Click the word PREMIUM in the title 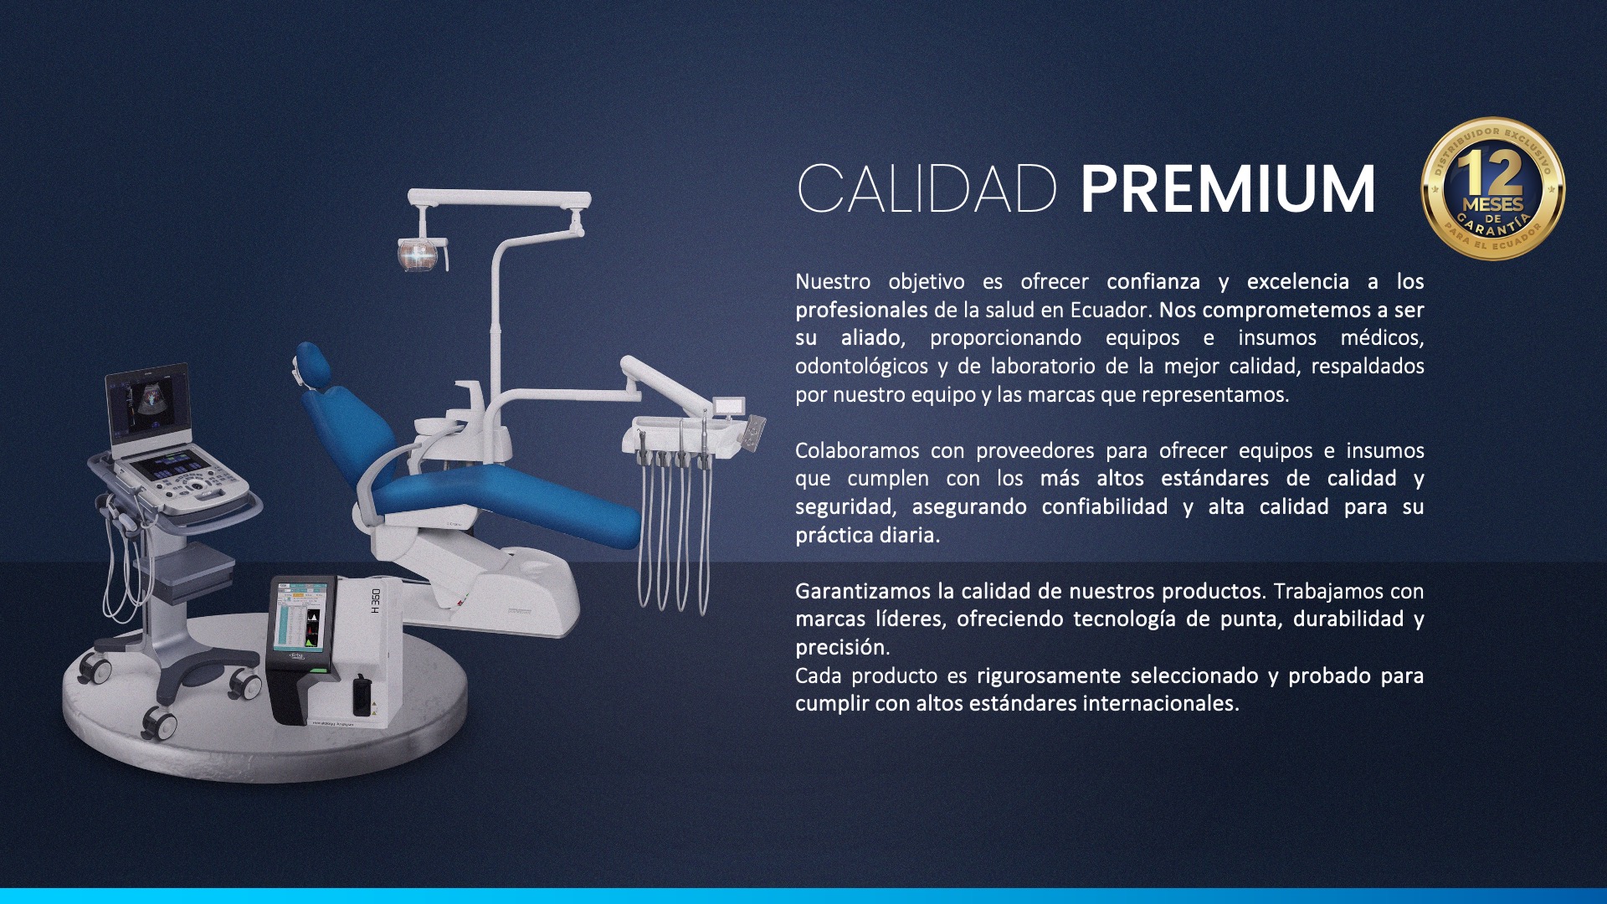[x=1228, y=189]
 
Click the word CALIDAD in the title [x=927, y=189]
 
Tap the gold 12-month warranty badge [x=1493, y=188]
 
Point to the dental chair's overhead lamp [x=422, y=254]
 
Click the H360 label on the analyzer [x=376, y=601]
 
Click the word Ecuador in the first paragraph [x=1109, y=310]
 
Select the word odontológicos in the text [x=861, y=367]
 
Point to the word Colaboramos [x=857, y=450]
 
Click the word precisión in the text [x=842, y=648]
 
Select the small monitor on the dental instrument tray [x=730, y=406]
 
